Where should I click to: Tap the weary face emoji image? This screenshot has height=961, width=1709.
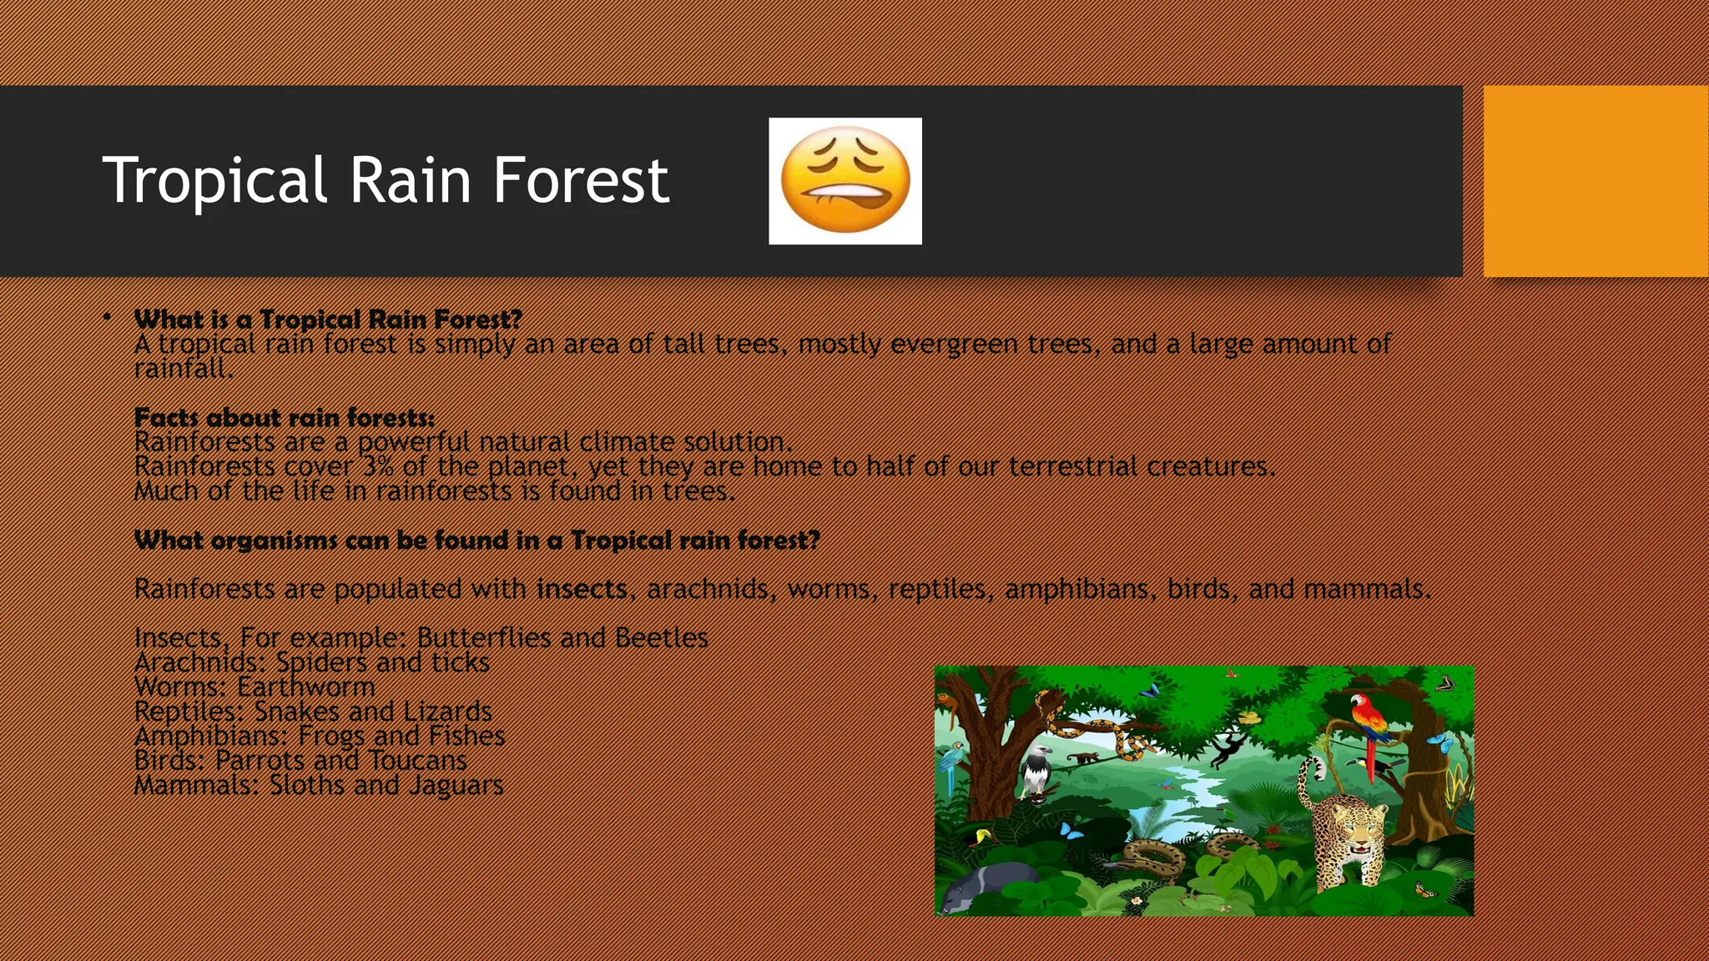(844, 181)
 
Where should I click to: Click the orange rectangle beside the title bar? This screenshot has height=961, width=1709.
(1596, 181)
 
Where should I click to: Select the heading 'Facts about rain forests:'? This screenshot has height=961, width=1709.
(284, 417)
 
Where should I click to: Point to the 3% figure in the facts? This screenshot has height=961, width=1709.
(378, 465)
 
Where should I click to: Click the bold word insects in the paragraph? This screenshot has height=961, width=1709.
(582, 589)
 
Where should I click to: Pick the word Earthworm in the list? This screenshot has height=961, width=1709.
(306, 687)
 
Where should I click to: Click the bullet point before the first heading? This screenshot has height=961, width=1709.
(108, 318)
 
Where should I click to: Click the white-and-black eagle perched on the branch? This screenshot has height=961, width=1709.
(1036, 772)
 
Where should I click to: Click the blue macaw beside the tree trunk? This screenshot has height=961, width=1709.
(950, 763)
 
